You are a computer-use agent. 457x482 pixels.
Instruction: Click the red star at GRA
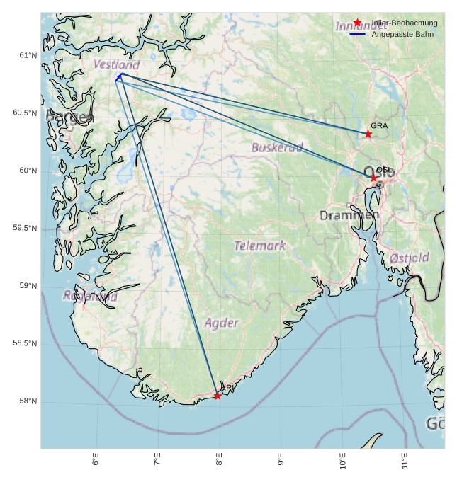368,134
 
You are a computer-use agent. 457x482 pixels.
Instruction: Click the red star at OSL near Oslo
373,178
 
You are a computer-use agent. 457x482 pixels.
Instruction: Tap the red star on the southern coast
218,396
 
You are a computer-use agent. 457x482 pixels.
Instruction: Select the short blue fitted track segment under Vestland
119,76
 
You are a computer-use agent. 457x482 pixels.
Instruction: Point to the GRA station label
379,125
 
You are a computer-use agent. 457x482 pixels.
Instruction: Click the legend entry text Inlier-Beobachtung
405,23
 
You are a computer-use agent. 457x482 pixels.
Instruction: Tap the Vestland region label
116,64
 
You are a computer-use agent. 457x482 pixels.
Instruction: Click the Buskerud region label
277,147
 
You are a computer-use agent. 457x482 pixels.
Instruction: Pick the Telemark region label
260,246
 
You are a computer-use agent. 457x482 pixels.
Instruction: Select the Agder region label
222,323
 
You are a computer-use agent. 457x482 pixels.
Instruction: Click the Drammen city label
349,215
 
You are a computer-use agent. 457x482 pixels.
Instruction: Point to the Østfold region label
410,258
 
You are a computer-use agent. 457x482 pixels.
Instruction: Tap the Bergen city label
69,117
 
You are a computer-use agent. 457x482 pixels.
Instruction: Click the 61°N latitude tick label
28,55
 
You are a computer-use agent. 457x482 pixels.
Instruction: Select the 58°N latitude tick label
28,401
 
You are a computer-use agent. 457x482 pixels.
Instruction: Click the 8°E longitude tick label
220,460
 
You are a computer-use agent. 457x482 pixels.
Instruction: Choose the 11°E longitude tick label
405,460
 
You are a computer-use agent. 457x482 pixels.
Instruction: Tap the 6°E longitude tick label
96,460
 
